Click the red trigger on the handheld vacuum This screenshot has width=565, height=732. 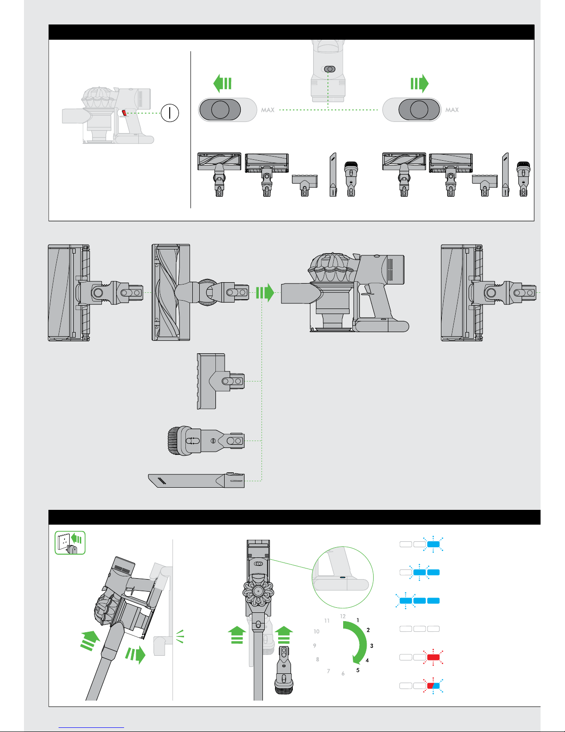(124, 113)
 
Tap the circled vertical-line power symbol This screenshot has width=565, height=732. (170, 113)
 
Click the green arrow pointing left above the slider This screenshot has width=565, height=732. (222, 83)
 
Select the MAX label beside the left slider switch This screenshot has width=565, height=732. (268, 110)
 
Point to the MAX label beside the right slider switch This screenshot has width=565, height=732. (452, 110)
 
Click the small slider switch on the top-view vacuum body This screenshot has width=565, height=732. (330, 69)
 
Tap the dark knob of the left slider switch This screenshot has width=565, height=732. (220, 109)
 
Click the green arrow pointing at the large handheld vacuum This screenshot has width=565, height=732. (265, 292)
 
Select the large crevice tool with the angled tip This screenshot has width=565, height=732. (196, 480)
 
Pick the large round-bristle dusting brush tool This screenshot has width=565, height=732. (206, 441)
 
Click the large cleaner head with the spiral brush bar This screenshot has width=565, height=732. (200, 292)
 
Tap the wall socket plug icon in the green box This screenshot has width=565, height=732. (70, 543)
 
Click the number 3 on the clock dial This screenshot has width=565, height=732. (372, 646)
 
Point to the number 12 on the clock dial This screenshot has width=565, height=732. (343, 616)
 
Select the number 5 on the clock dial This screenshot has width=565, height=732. (358, 670)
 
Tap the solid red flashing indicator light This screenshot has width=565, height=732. (433, 657)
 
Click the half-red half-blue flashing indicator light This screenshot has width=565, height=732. (433, 685)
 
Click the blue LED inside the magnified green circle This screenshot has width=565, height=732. (343, 577)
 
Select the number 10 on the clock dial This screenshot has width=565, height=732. (316, 631)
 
